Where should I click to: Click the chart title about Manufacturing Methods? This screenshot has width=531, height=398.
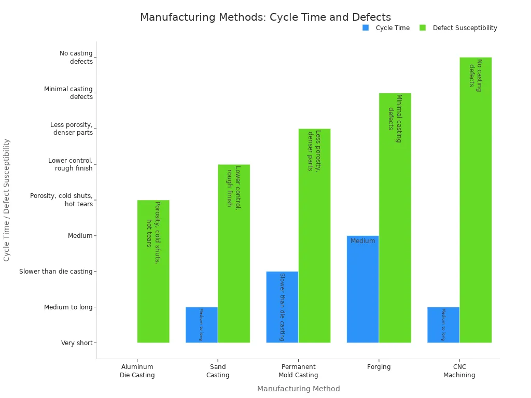[x=265, y=17]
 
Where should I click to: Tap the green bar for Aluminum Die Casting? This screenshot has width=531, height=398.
[x=153, y=271]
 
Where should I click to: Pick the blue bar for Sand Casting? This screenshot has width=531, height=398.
[x=202, y=325]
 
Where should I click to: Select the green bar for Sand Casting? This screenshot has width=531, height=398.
[x=234, y=253]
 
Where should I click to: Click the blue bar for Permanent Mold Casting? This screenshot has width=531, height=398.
[x=282, y=307]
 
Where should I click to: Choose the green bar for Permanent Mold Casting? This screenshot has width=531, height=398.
[x=314, y=235]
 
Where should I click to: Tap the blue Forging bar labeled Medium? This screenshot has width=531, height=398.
[x=362, y=289]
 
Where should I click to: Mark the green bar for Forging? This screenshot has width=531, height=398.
[x=395, y=218]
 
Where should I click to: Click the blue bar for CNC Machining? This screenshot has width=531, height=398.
[x=443, y=325]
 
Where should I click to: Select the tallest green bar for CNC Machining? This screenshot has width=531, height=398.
[x=476, y=200]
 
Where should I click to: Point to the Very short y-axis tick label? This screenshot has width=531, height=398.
[x=77, y=343]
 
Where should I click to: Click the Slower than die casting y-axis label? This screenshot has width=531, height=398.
[x=55, y=272]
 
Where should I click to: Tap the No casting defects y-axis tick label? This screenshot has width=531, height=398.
[x=76, y=57]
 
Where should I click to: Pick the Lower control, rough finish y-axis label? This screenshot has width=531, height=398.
[x=71, y=164]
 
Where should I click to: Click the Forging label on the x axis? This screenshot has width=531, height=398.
[x=379, y=367]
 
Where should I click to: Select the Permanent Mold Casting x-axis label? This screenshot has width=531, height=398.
[x=298, y=371]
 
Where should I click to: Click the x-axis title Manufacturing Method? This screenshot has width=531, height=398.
[x=298, y=389]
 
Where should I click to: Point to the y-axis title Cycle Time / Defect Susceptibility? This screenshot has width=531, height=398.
[x=7, y=200]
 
